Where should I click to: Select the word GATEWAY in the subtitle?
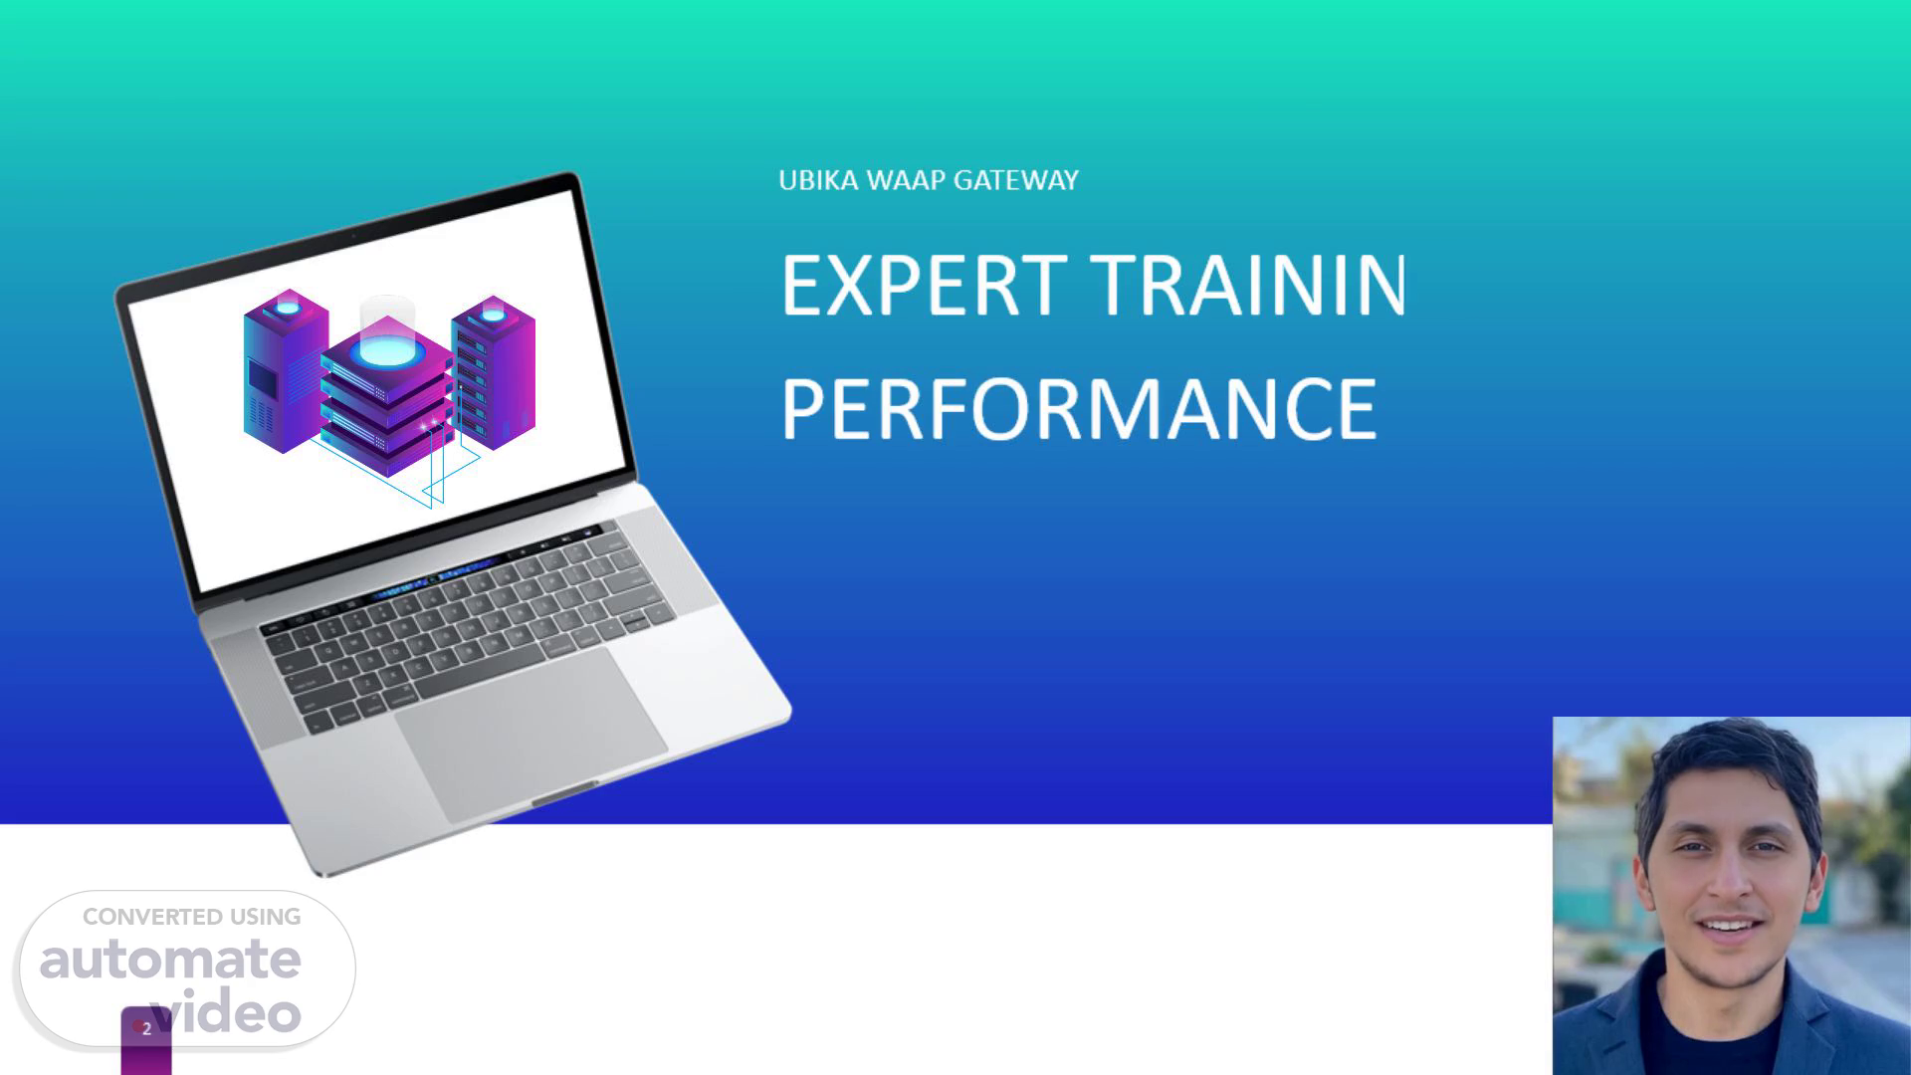point(1016,180)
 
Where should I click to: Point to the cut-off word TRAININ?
point(1249,285)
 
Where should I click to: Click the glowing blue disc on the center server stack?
point(387,350)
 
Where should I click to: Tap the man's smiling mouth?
point(1731,929)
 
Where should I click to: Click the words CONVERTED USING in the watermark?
point(192,917)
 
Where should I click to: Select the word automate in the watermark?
point(170,960)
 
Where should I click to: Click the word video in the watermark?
point(226,1011)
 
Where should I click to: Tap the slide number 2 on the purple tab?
point(146,1029)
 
